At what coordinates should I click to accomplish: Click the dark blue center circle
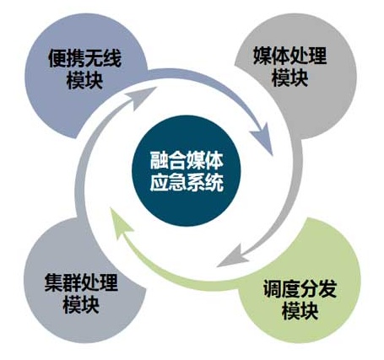tap(187, 171)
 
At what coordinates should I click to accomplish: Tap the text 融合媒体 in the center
tap(187, 161)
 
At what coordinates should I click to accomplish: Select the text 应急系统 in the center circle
tap(187, 183)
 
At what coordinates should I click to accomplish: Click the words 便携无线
tap(84, 58)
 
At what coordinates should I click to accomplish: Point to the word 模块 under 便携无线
tap(84, 80)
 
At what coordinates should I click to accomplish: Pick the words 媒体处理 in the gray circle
tap(289, 56)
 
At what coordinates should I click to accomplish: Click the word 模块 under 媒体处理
tap(289, 78)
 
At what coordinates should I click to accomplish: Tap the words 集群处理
tap(81, 282)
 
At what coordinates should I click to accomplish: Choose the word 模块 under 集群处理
tap(81, 305)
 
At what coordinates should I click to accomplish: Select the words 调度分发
tap(300, 288)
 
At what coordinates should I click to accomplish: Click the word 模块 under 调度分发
tap(300, 311)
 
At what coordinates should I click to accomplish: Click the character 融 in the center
tap(159, 161)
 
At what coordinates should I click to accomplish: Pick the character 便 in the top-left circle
tap(57, 58)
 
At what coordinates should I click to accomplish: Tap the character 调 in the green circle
tap(273, 288)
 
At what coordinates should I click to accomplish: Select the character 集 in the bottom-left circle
tap(53, 282)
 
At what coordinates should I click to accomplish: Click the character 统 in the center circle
tap(214, 183)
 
